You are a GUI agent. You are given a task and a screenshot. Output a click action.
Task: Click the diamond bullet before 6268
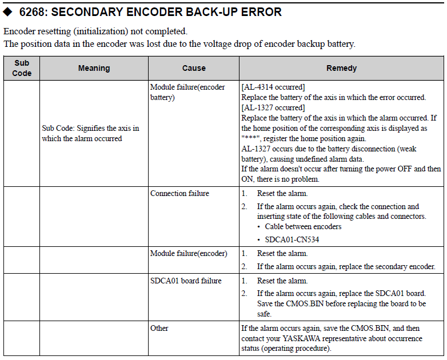point(7,11)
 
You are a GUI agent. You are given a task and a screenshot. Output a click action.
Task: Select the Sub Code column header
point(22,68)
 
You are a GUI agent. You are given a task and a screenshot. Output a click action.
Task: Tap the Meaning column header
point(94,68)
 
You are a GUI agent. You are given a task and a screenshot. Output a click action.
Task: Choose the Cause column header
point(194,68)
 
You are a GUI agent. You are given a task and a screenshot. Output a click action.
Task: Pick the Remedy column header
point(341,68)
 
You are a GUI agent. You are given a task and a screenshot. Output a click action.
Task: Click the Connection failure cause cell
point(179,193)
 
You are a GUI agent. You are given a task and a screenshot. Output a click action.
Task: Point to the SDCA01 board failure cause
point(186,281)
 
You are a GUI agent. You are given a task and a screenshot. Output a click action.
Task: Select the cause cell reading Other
point(159,328)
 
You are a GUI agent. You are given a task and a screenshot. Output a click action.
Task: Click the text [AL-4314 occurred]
point(273,87)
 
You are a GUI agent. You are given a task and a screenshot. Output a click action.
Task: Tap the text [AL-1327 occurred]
point(273,107)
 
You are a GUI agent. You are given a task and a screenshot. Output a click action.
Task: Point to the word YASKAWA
point(301,338)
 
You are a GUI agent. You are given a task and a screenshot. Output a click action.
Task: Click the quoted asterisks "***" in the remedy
point(250,138)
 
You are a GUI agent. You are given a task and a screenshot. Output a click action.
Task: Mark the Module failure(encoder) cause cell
point(189,253)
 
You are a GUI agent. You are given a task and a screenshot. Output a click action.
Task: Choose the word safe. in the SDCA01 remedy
point(264,314)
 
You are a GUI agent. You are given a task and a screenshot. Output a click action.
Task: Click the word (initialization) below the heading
point(101,31)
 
